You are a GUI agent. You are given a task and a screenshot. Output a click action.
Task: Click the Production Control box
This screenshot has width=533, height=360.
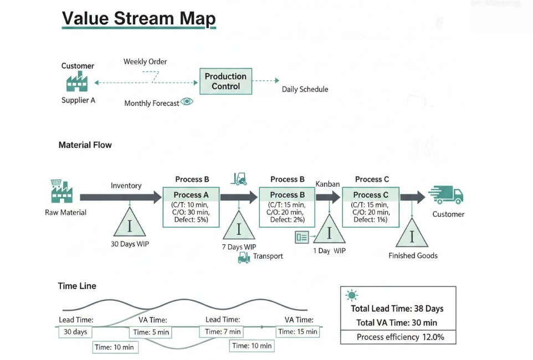[x=225, y=81]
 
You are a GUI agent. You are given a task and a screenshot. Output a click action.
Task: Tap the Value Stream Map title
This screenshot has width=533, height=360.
[x=139, y=19]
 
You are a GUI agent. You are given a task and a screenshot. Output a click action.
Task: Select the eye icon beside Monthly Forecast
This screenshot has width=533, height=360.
[x=187, y=102]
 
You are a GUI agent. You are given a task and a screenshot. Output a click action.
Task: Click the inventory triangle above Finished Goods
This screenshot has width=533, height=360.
[x=412, y=235]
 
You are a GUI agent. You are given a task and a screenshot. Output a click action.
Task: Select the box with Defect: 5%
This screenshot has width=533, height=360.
[x=190, y=207]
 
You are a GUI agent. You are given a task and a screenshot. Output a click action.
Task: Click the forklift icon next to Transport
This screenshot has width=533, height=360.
[x=244, y=257]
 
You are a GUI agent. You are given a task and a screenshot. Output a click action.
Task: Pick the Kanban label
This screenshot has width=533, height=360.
[x=327, y=184]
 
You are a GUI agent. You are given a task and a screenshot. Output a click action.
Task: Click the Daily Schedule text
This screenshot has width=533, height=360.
[x=305, y=89]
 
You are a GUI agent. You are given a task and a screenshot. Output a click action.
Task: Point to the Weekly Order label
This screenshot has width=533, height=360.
[x=145, y=61]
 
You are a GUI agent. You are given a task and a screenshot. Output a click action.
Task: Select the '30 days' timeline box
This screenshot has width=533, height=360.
[x=75, y=332]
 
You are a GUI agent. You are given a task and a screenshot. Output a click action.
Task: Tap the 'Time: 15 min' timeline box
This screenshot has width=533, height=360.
[x=298, y=331]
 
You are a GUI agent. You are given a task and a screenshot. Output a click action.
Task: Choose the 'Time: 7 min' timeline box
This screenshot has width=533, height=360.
[x=223, y=331]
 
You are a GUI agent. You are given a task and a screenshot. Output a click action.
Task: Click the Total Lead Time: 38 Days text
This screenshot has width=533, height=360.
[x=397, y=308]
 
